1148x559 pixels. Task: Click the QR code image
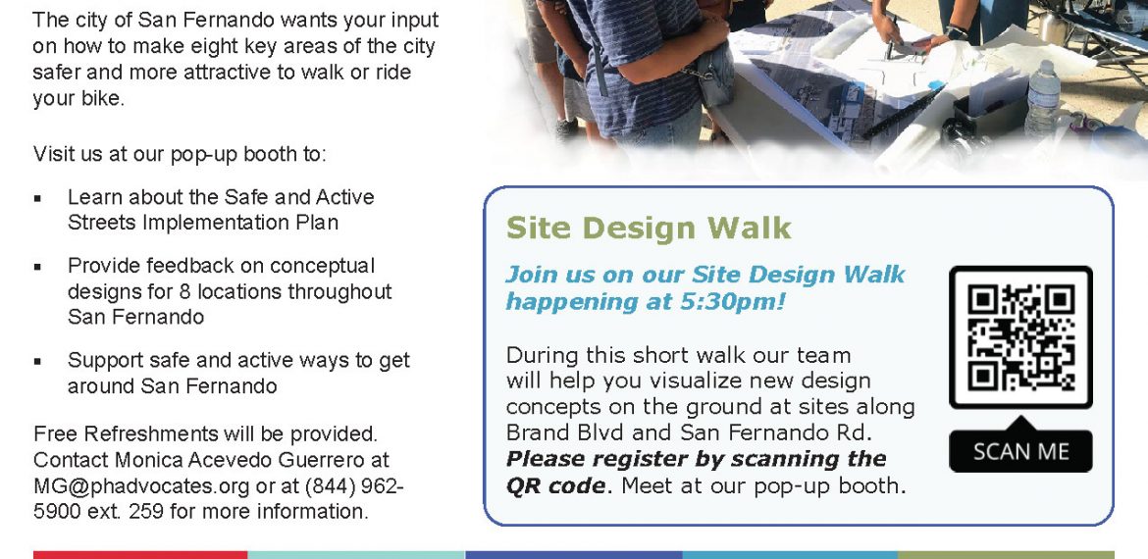click(1020, 337)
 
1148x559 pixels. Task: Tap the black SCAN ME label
click(1020, 451)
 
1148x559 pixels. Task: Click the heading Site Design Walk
click(649, 229)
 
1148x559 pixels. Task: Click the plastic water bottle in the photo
click(1042, 99)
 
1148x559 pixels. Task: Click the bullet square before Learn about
click(37, 198)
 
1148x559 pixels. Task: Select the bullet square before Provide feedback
click(37, 267)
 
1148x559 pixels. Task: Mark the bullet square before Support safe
click(37, 362)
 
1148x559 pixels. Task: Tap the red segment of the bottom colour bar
click(140, 555)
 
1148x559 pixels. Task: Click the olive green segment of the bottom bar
click(1006, 555)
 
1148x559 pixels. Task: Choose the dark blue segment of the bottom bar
click(573, 555)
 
